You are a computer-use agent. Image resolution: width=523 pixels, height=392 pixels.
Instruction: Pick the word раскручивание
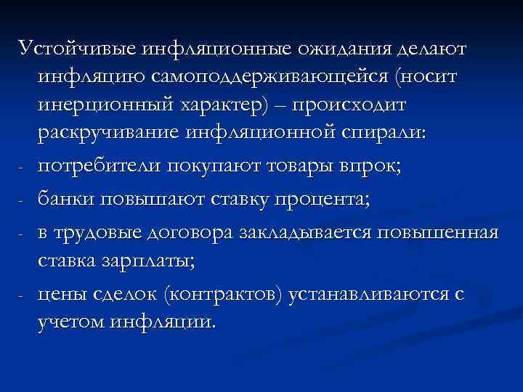[113, 135]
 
